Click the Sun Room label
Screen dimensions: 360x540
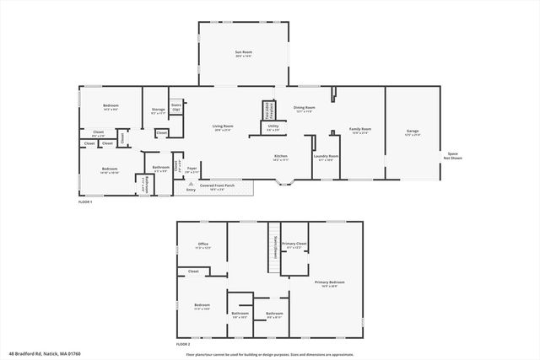click(x=244, y=54)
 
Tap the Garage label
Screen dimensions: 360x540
click(x=413, y=131)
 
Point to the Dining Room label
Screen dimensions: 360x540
click(x=304, y=109)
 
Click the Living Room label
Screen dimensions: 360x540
click(x=224, y=127)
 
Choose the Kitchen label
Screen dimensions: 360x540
click(x=281, y=157)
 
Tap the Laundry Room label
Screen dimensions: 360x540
click(x=326, y=157)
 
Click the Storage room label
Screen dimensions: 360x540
click(x=158, y=110)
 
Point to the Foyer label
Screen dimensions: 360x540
click(x=192, y=169)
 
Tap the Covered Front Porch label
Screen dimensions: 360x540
click(x=218, y=186)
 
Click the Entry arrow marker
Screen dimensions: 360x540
click(x=191, y=183)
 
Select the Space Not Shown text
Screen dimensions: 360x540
click(x=453, y=156)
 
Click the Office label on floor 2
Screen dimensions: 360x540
click(x=202, y=245)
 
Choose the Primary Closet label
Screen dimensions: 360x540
click(x=294, y=245)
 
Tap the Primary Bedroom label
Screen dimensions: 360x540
click(x=330, y=283)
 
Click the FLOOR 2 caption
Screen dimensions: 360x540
click(x=183, y=345)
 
